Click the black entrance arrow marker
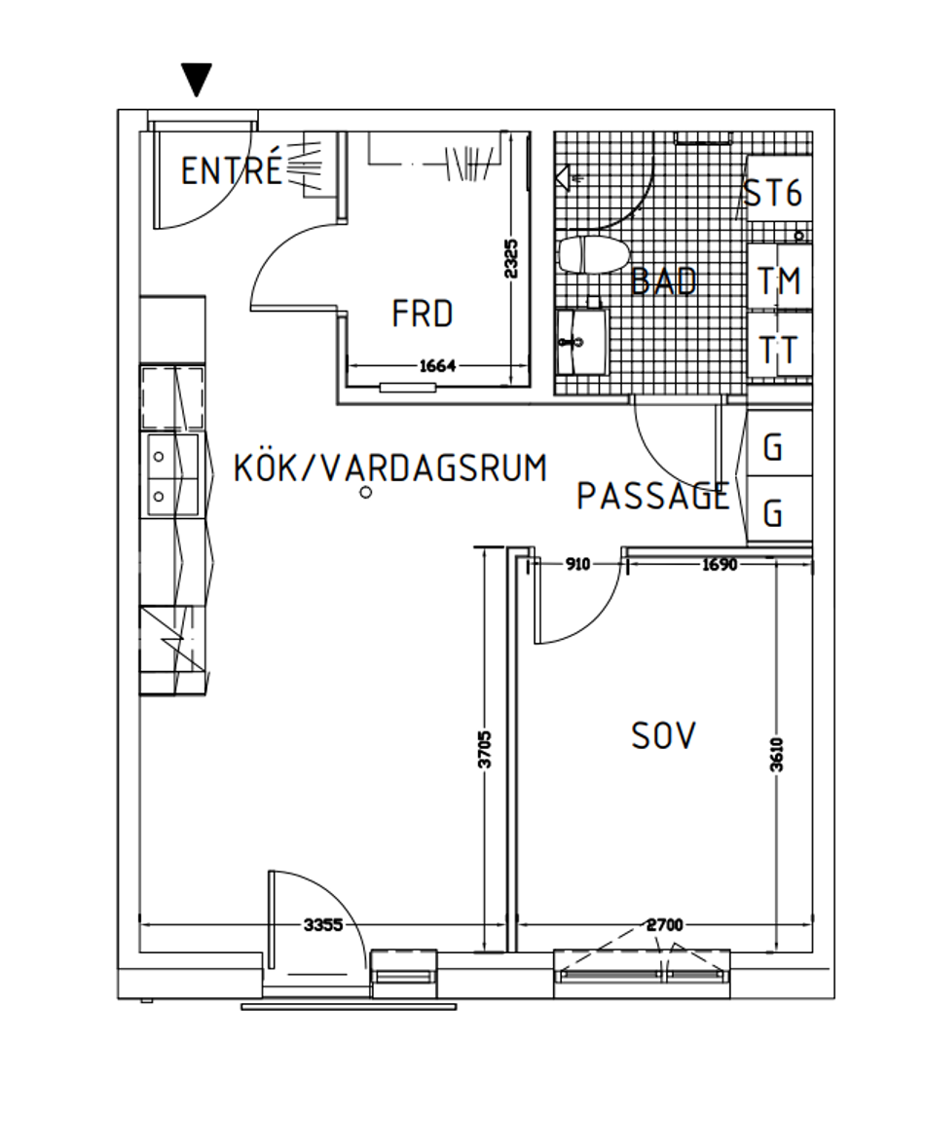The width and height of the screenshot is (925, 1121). tap(197, 79)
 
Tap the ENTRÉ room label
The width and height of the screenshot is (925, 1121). tap(232, 170)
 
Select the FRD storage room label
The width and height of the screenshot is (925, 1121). tap(423, 314)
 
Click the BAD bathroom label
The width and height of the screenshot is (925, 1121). tap(664, 280)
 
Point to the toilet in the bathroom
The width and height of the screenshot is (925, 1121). tap(594, 255)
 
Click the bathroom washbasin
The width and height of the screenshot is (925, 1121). tap(581, 342)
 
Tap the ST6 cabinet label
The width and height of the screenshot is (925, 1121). tap(773, 193)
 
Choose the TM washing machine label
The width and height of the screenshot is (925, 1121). tap(778, 280)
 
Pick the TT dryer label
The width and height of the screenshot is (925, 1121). tap(778, 351)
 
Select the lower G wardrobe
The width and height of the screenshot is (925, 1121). tap(779, 509)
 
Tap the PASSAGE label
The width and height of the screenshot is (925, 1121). tap(652, 496)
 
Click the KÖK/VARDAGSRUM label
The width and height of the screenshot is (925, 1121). tap(390, 468)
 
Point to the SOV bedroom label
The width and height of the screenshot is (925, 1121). tap(663, 735)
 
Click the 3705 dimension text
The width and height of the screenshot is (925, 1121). tap(485, 749)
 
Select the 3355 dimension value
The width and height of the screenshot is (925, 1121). tap(323, 925)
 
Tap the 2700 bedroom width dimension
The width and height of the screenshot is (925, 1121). tap(665, 925)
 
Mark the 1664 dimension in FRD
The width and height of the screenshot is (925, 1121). tap(437, 366)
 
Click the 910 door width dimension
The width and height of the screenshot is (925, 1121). tap(577, 564)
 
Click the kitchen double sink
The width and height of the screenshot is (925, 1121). tap(173, 475)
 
